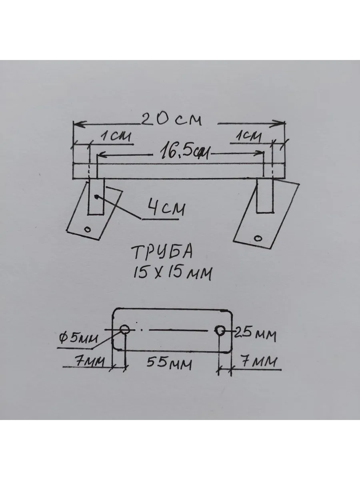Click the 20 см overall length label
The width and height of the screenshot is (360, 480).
tap(172, 119)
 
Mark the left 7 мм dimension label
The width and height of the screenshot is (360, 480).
tap(90, 362)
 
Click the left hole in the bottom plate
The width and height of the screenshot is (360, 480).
tap(125, 330)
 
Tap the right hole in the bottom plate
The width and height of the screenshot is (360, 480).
tap(219, 330)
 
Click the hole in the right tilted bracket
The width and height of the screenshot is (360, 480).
tap(258, 238)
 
